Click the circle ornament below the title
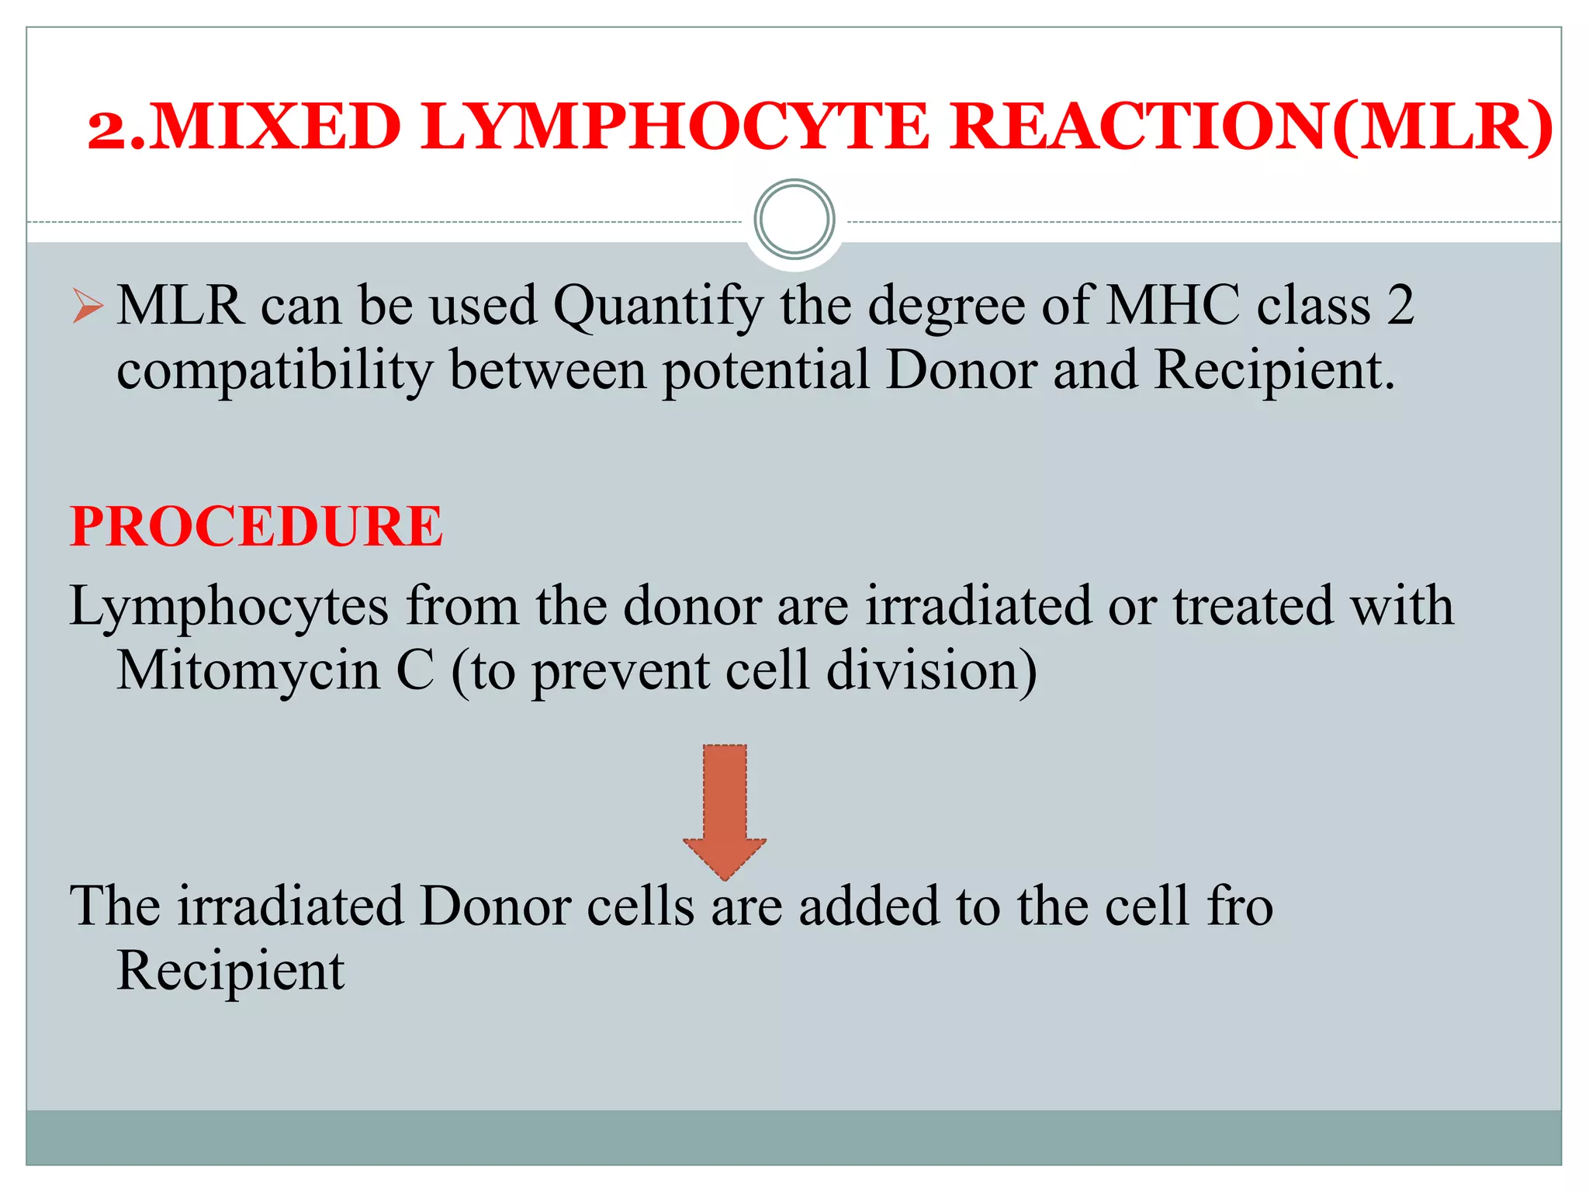tap(794, 220)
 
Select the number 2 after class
tap(1400, 305)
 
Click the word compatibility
tap(274, 370)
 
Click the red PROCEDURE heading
tap(256, 527)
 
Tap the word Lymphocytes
tap(229, 607)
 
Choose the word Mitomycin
tap(248, 670)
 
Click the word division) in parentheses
tap(931, 670)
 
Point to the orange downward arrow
tap(725, 811)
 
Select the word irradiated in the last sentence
tap(290, 906)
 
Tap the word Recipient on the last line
tap(230, 971)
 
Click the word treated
tap(1253, 606)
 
